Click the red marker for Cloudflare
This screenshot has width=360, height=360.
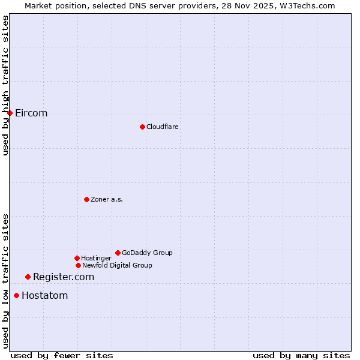click(x=142, y=127)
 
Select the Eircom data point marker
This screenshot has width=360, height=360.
click(x=10, y=113)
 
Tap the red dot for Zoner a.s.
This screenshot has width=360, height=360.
click(x=86, y=199)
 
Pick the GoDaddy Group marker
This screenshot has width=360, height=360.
click(x=118, y=253)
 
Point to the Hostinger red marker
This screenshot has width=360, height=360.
click(x=77, y=258)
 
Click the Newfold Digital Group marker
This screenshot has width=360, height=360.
click(x=78, y=265)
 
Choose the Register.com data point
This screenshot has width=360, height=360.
click(x=28, y=277)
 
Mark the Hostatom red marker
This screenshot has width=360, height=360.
click(x=16, y=295)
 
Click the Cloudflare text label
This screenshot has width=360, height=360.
click(x=162, y=127)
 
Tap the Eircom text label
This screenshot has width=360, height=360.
click(x=31, y=113)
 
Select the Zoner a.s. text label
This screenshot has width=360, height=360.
click(x=107, y=199)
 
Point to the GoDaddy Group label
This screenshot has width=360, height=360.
click(x=147, y=253)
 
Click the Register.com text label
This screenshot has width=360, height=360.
click(x=64, y=277)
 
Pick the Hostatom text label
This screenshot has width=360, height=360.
click(x=45, y=295)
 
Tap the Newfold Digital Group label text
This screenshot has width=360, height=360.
click(x=117, y=265)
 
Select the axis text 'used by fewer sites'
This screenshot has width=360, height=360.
click(x=62, y=355)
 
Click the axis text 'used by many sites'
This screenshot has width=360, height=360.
click(x=301, y=355)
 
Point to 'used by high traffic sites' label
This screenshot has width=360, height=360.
click(x=5, y=85)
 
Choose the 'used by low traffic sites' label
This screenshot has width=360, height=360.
click(x=5, y=281)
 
